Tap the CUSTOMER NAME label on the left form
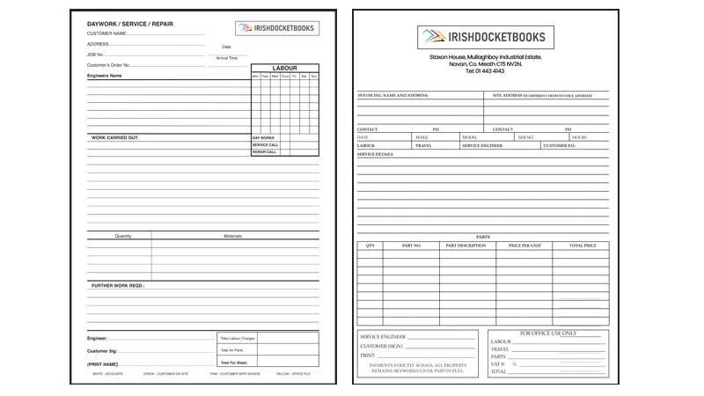click(107, 33)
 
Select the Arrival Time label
click(227, 58)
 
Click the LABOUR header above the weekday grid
click(285, 68)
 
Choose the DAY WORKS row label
click(263, 138)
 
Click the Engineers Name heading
click(105, 76)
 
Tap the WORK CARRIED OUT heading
click(115, 137)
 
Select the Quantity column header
click(123, 236)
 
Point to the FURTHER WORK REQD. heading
click(118, 285)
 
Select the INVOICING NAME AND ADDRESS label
click(392, 95)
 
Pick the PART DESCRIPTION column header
click(466, 246)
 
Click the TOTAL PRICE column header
click(583, 246)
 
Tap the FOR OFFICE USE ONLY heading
click(549, 334)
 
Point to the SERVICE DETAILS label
click(375, 154)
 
